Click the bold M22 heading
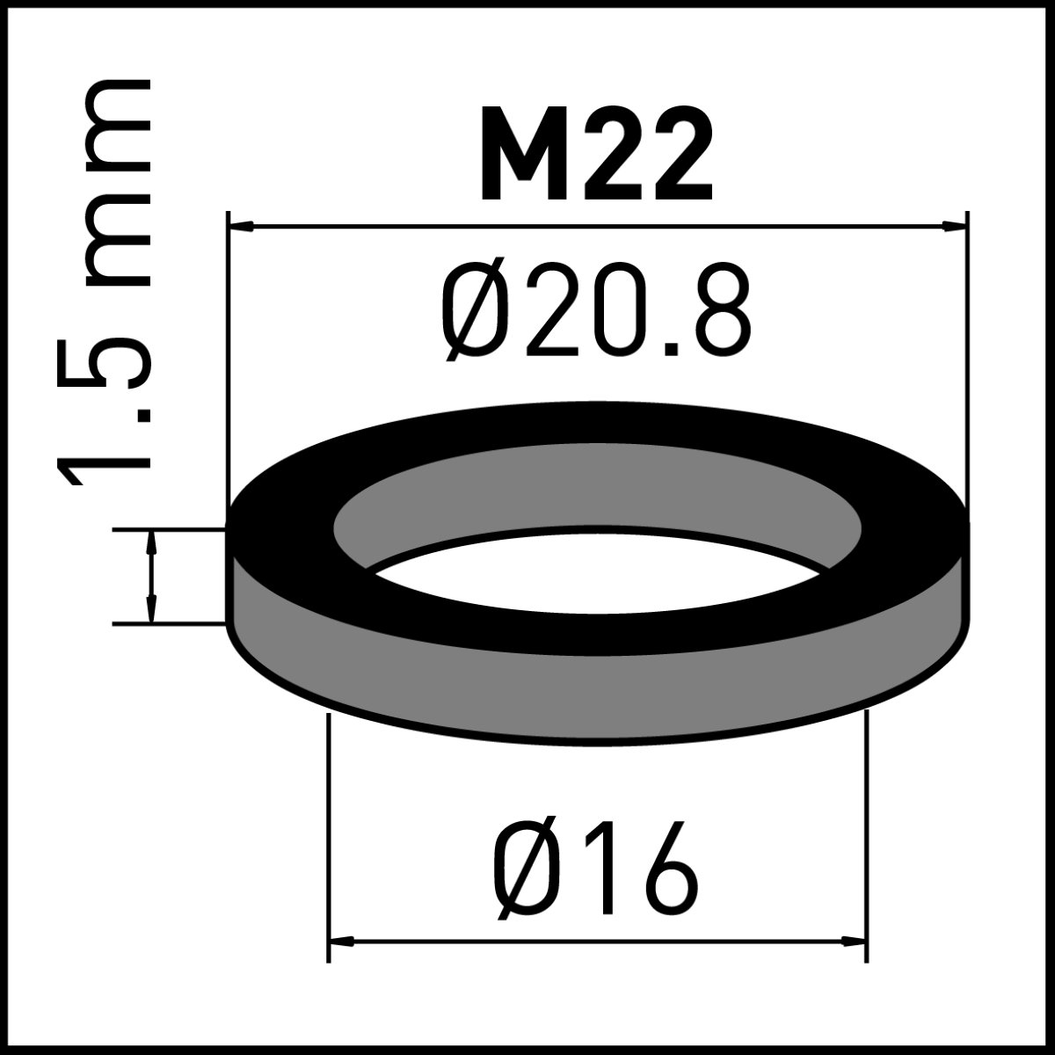pos(597,154)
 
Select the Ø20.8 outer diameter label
pos(596,311)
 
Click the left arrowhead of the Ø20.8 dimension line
pos(242,225)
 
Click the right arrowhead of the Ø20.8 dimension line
pos(954,225)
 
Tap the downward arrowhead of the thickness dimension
pos(152,610)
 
